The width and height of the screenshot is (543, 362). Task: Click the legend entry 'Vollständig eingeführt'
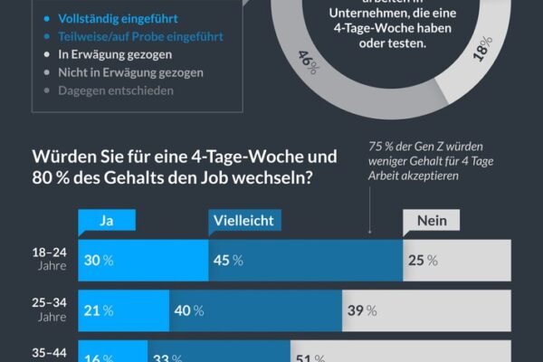(x=117, y=18)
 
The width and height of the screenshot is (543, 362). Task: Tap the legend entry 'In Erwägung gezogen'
(x=111, y=54)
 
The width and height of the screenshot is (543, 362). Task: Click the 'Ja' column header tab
(x=107, y=220)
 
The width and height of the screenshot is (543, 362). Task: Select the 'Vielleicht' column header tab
(x=242, y=220)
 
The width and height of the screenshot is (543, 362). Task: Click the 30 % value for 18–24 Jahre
(x=100, y=260)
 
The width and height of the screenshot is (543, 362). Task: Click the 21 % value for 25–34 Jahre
(x=100, y=310)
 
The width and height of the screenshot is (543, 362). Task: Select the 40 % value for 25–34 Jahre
(x=188, y=310)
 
